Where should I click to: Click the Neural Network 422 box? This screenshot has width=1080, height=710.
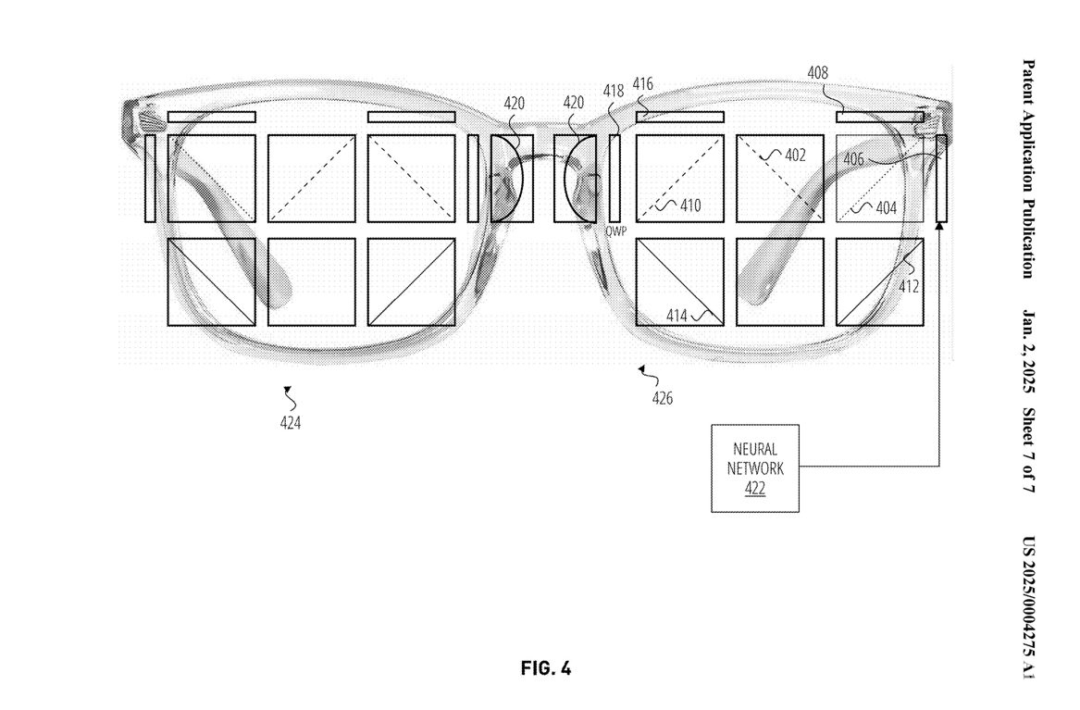[754, 468]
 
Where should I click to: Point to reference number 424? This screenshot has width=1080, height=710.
[290, 423]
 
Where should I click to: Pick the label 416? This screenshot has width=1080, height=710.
[643, 84]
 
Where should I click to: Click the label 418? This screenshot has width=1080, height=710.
[614, 91]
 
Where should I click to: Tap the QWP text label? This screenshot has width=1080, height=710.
[615, 231]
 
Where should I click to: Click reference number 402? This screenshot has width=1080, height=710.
[794, 156]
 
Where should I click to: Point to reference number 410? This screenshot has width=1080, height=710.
[690, 206]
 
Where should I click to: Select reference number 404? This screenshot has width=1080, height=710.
[885, 208]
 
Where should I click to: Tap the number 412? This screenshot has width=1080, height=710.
[909, 286]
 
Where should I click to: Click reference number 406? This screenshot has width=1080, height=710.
[854, 159]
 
